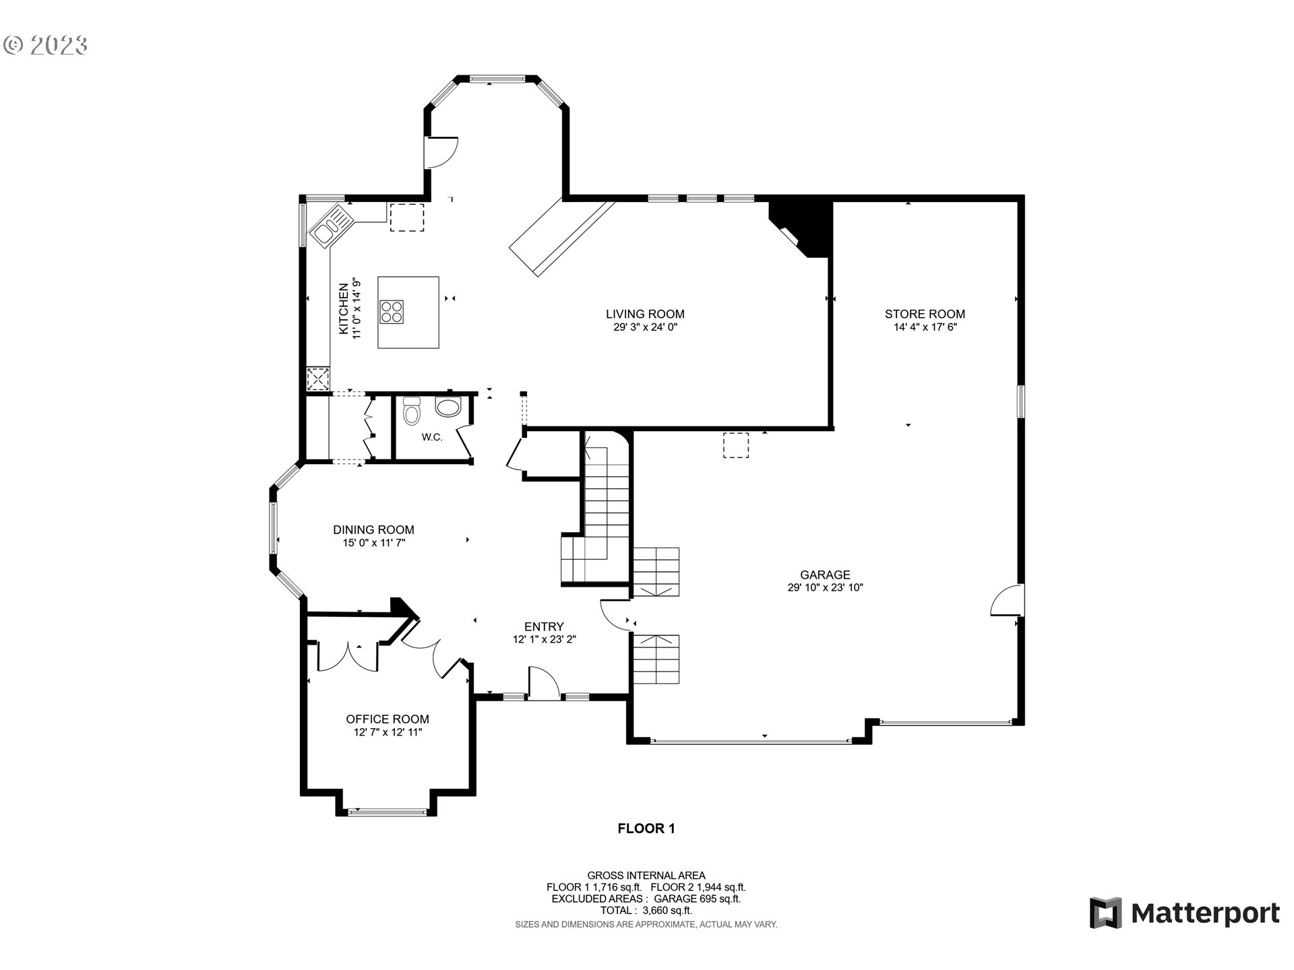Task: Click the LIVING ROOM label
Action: pos(645,314)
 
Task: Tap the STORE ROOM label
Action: pos(925,314)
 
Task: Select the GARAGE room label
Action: pos(825,575)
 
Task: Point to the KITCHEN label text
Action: pos(344,309)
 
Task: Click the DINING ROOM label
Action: pos(373,530)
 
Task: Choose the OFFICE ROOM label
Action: pos(388,719)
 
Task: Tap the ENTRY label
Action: pos(544,627)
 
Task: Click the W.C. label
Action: pos(432,437)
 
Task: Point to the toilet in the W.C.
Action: pos(410,410)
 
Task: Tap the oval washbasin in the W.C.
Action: pos(448,406)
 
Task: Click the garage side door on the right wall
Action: pos(1007,600)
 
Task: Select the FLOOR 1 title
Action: pos(646,829)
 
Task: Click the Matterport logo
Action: pos(1185,913)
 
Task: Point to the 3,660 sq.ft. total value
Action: pos(667,910)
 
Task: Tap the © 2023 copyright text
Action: pos(45,45)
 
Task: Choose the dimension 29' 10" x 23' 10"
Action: pos(825,587)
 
